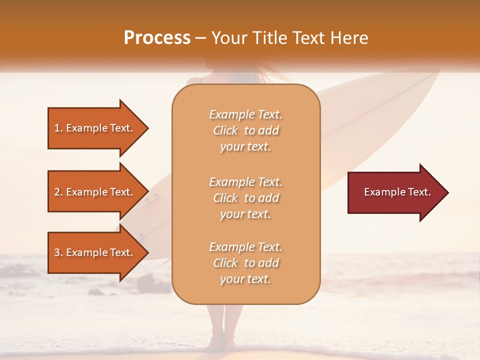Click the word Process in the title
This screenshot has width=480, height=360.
tap(157, 38)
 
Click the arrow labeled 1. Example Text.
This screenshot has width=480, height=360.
tap(95, 128)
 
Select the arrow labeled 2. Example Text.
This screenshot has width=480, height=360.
tap(95, 192)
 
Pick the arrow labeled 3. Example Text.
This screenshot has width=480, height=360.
tap(95, 252)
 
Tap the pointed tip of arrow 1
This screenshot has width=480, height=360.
tap(147, 128)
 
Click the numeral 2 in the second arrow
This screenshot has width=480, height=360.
tap(57, 192)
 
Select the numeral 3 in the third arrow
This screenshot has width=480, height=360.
tap(57, 252)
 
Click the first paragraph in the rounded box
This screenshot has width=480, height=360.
tap(245, 130)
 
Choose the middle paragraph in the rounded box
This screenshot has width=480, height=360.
tap(245, 198)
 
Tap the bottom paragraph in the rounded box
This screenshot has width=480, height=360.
tap(245, 263)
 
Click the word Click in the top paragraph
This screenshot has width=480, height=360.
tap(225, 130)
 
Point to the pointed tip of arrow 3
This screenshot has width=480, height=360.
tap(147, 252)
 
